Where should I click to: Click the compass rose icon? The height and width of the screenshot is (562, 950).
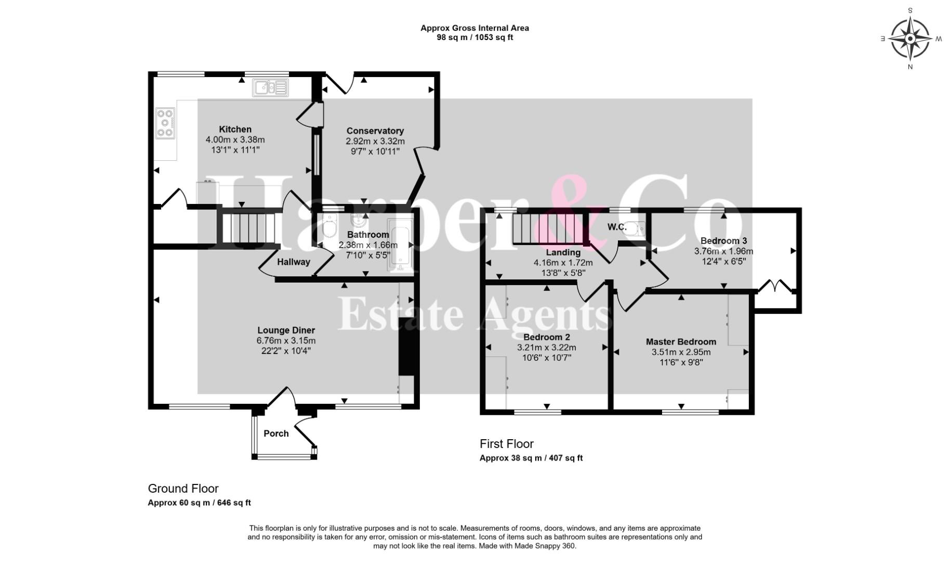coord(910,39)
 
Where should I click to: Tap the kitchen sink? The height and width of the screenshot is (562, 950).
coord(270,88)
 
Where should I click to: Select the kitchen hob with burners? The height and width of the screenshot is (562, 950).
coord(166,123)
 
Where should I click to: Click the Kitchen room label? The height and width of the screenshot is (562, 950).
coord(235,129)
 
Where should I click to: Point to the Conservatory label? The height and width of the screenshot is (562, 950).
coord(375,131)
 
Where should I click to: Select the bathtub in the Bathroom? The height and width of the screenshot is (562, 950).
coord(400,245)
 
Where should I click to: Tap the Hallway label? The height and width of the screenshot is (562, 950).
coord(293,262)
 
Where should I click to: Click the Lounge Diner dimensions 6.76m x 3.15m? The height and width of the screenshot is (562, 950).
coord(286,340)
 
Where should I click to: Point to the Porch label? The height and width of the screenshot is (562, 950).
coord(276,433)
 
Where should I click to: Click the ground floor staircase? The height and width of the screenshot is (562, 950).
coord(249,226)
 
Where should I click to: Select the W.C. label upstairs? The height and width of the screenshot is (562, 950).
coord(617,227)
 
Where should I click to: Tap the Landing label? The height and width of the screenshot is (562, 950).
coord(563,252)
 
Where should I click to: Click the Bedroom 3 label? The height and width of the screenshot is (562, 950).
coord(723,240)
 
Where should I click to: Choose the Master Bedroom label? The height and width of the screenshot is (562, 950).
coord(681,341)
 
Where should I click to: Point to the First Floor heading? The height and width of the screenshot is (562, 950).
coord(506,444)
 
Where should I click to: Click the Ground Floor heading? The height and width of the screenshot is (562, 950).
coord(183,489)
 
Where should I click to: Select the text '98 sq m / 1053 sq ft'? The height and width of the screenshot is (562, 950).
coord(474,37)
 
